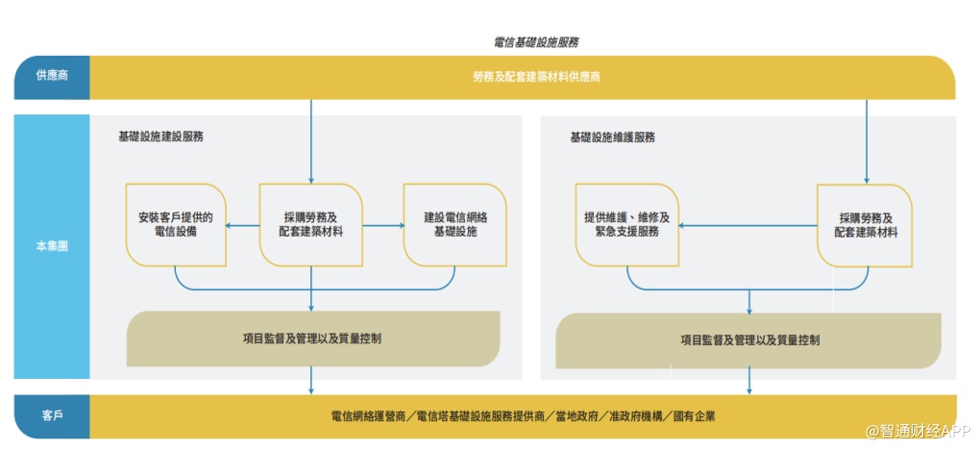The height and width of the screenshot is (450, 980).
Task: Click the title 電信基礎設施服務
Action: click(x=536, y=42)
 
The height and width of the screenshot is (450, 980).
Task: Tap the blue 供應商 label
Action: click(x=52, y=77)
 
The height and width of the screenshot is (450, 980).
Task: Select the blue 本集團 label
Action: click(x=52, y=246)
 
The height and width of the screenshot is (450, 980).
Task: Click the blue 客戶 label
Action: click(x=52, y=416)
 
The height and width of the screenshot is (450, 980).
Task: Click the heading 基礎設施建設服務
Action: click(x=160, y=137)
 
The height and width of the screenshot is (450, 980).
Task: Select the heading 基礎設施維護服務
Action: click(x=612, y=137)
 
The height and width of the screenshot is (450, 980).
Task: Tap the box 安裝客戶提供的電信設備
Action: click(x=176, y=225)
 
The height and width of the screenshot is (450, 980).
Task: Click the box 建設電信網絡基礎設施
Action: click(x=455, y=225)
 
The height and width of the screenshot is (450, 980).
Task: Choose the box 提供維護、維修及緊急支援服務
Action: click(x=626, y=225)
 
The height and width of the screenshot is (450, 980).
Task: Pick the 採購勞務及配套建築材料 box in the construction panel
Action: click(x=311, y=225)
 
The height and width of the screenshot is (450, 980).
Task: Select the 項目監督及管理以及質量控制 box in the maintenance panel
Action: click(x=749, y=339)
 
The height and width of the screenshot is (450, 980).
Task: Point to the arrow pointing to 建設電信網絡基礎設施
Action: click(x=384, y=226)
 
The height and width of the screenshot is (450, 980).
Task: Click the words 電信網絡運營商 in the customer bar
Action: click(x=368, y=416)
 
